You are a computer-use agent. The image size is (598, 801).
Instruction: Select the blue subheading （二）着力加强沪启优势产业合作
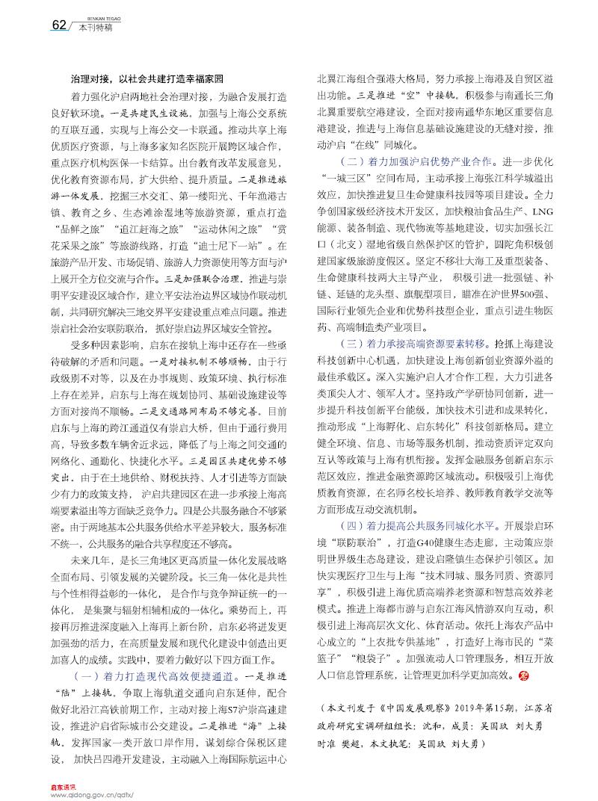(408, 161)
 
